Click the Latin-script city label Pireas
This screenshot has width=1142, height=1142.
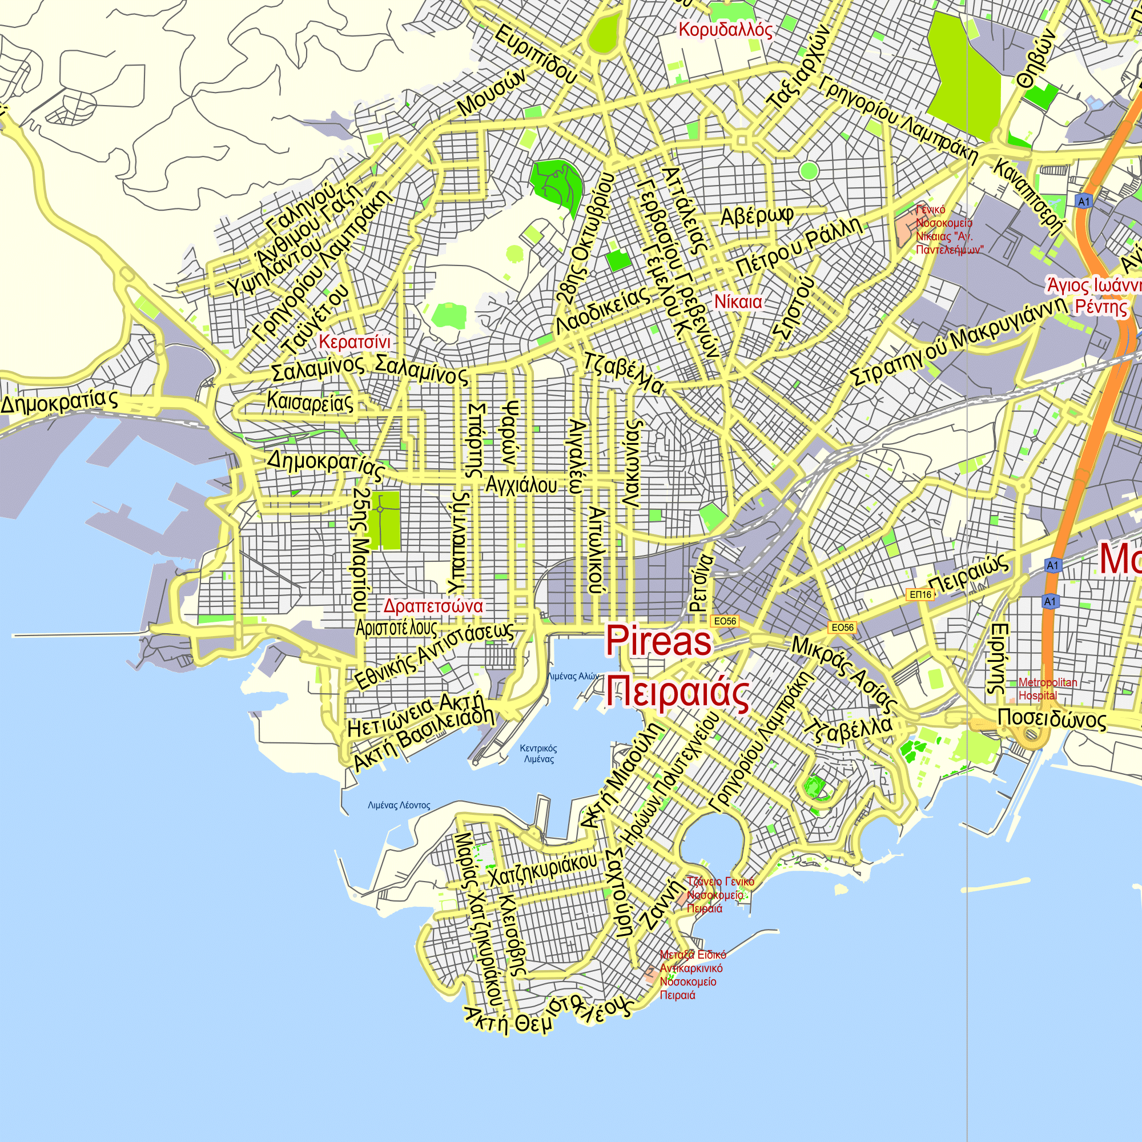tap(658, 641)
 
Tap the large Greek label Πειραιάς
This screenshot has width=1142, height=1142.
tap(677, 692)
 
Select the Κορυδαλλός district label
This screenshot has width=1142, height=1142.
tap(725, 30)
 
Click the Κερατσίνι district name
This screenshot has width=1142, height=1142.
tap(355, 341)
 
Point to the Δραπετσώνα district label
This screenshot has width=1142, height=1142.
tap(433, 606)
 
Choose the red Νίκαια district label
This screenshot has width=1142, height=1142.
tap(738, 301)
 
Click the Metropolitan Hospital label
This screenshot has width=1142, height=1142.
tap(1047, 689)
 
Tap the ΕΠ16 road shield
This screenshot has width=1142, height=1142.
tap(920, 594)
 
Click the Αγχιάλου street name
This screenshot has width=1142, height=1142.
tap(521, 485)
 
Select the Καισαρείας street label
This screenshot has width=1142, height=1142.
tap(309, 402)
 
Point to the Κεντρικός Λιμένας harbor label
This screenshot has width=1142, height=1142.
tap(538, 754)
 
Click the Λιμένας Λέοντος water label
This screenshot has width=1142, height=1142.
tap(399, 805)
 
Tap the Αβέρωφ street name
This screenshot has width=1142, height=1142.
tap(756, 216)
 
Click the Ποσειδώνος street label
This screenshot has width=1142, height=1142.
tap(1052, 719)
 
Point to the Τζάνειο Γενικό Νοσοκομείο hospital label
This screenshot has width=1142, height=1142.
tap(720, 894)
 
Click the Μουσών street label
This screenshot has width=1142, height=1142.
tap(492, 91)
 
